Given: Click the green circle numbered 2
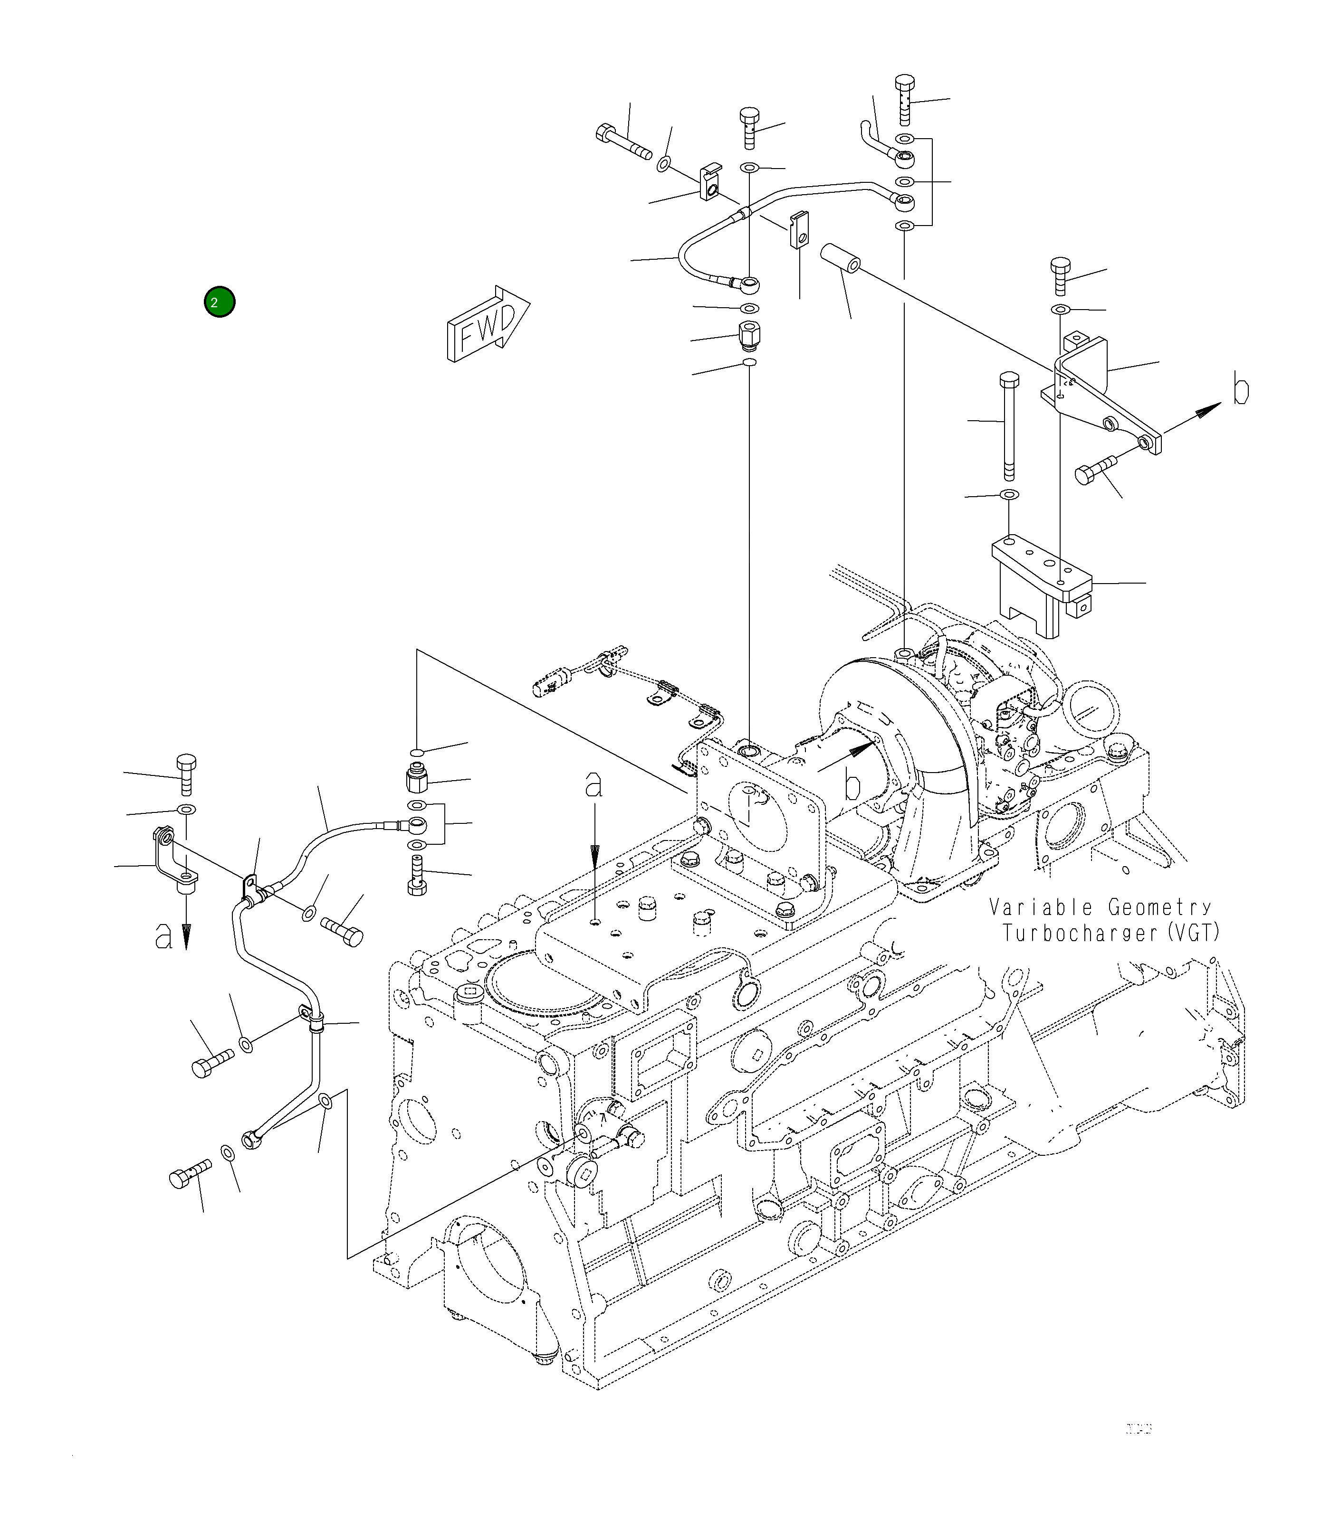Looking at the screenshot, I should pos(220,302).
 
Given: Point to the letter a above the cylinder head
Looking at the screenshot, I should pos(593,785).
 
